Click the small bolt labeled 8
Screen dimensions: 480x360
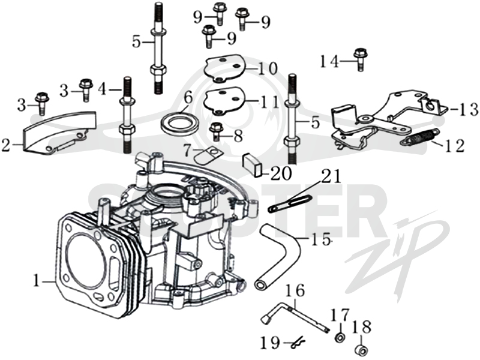click(216, 131)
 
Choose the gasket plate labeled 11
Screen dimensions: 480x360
click(224, 101)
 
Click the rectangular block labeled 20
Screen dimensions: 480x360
click(253, 166)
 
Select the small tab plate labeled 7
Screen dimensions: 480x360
click(209, 155)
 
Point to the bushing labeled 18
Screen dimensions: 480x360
click(362, 350)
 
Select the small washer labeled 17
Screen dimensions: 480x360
click(340, 338)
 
